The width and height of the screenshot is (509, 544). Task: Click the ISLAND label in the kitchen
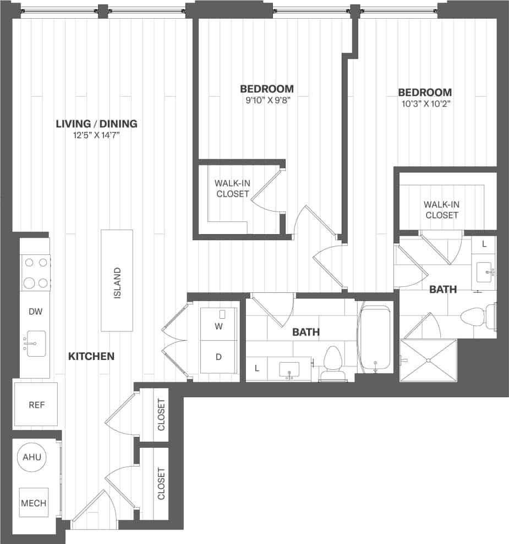coord(117,282)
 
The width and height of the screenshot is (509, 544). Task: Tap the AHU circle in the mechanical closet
coord(32,457)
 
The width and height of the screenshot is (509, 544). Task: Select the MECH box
coord(34,502)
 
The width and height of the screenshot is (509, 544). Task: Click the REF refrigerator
coord(36,405)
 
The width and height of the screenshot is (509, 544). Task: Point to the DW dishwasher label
coord(35,312)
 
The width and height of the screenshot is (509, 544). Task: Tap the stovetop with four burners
coord(36,273)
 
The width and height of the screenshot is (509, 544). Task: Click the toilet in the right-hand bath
coord(474,317)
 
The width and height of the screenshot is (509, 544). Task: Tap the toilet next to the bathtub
coord(333,364)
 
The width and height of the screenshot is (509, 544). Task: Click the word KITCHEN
coord(91,357)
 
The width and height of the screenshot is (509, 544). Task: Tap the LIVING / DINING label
coord(96,124)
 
